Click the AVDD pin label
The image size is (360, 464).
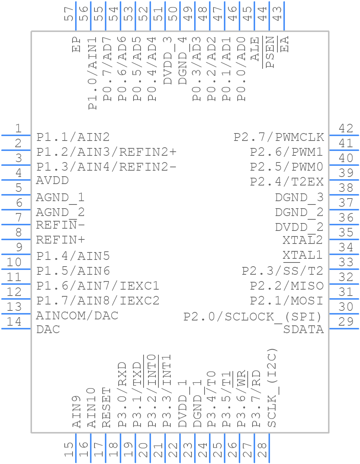pos(52,181)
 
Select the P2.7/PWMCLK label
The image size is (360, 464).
pos(279,137)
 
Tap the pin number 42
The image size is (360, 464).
pos(346,128)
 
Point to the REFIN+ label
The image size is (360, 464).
pos(61,240)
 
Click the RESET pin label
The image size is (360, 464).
pos(107,407)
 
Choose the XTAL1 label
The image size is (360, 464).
pos(302,255)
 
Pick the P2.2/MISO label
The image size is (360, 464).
pos(286,286)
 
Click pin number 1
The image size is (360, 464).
pos(18,128)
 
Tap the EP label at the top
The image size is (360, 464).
pos(77,44)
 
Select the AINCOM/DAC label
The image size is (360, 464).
pos(77,316)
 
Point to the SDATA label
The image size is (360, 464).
pos(303,329)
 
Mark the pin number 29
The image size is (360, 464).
pos(346,322)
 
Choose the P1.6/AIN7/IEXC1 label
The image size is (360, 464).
pos(98,286)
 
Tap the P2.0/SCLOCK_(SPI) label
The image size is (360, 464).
pos(253,317)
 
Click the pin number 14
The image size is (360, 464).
pos(15,322)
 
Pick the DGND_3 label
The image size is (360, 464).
pos(299,197)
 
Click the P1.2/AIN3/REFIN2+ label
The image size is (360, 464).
pos(106,152)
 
